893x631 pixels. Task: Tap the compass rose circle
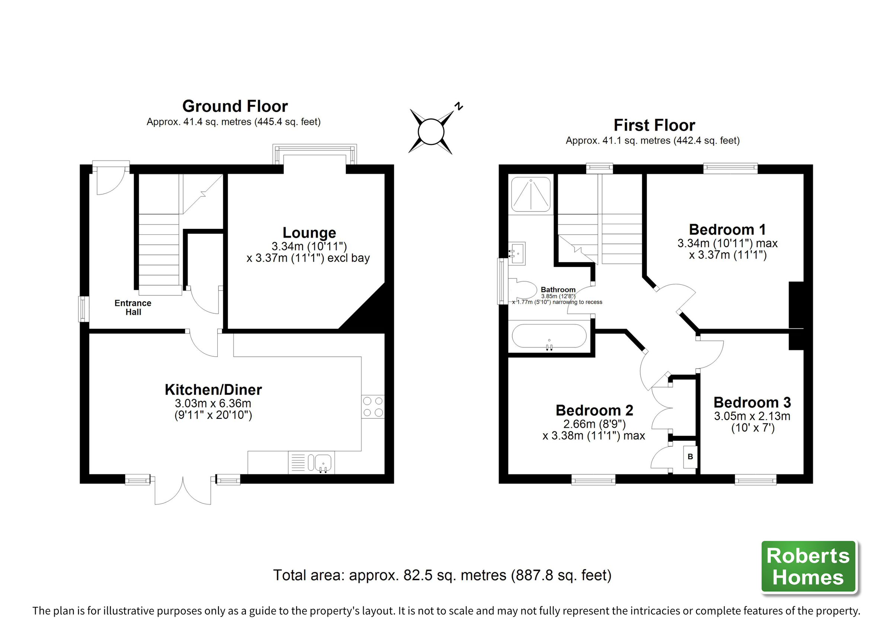click(x=431, y=132)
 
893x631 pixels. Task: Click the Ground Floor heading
click(x=235, y=106)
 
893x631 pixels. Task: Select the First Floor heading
click(x=654, y=125)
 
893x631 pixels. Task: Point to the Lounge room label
click(x=309, y=232)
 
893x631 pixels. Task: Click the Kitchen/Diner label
click(x=213, y=389)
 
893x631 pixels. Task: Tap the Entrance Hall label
click(x=132, y=307)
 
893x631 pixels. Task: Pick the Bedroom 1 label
click(x=727, y=229)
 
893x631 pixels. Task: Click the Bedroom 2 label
click(x=594, y=410)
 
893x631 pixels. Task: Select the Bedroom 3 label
click(x=752, y=402)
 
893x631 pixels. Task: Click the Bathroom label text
click(x=558, y=289)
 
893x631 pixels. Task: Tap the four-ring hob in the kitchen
click(x=372, y=407)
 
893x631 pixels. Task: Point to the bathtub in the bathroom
click(x=549, y=336)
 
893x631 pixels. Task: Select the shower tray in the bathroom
click(x=531, y=194)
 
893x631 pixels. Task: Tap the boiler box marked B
click(x=690, y=457)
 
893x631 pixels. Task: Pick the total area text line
click(x=442, y=575)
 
